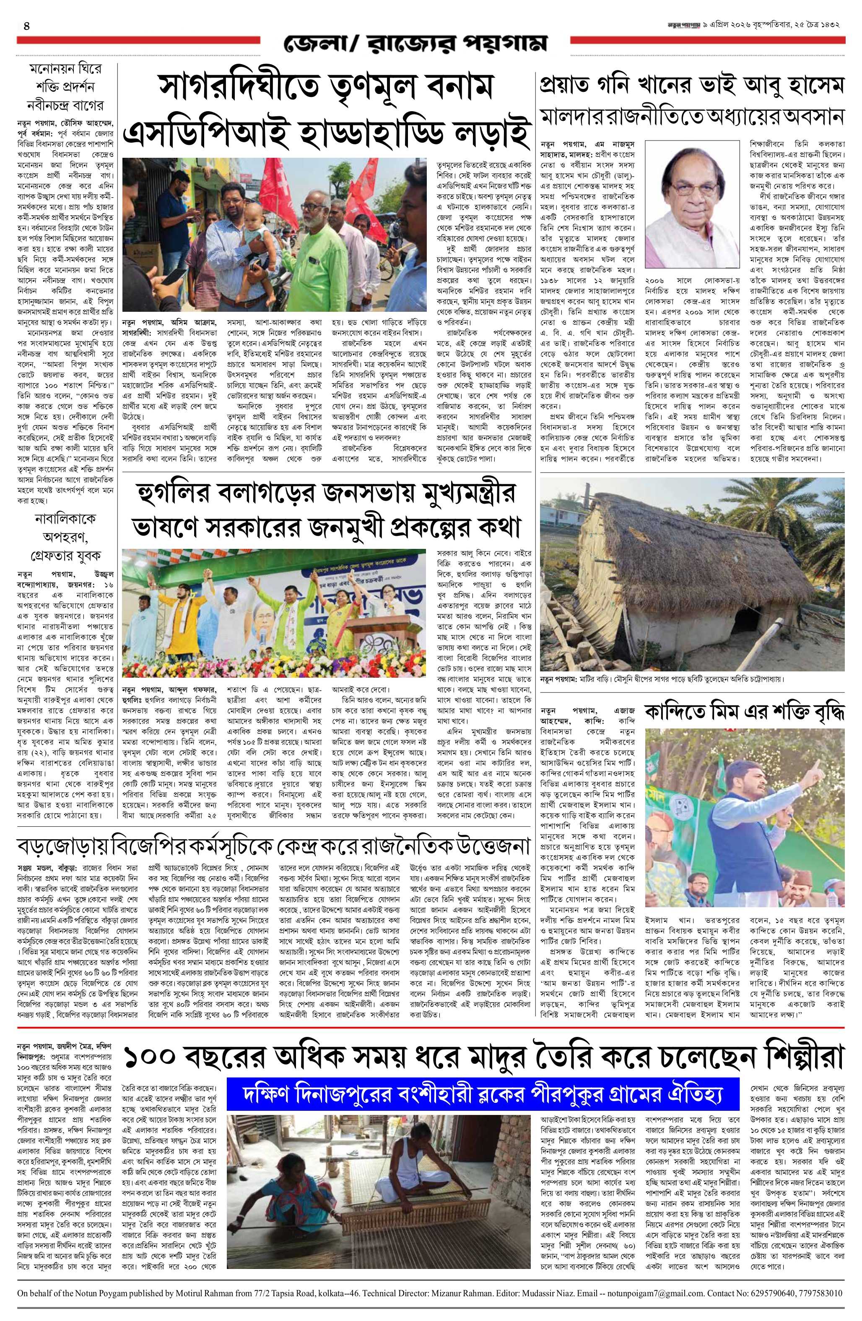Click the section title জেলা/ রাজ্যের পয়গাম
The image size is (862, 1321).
coord(415,43)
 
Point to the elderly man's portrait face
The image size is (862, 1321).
coord(693,200)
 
